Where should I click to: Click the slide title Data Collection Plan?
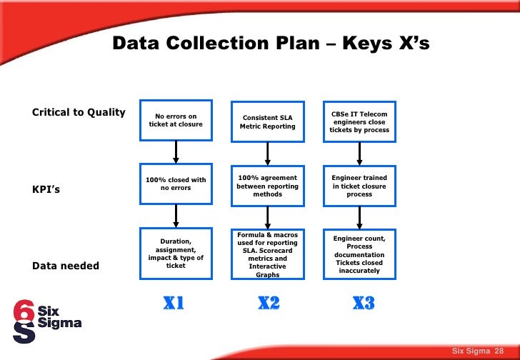(271, 44)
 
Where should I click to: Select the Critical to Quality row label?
(79, 112)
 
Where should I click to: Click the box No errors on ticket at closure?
(176, 120)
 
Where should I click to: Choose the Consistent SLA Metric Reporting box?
(268, 121)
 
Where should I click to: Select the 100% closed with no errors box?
(176, 184)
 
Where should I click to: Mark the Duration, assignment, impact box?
(176, 254)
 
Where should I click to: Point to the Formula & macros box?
(268, 254)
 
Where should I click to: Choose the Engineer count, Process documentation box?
(359, 254)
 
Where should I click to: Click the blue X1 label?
(174, 304)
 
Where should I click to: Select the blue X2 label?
(268, 304)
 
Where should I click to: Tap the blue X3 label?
(363, 304)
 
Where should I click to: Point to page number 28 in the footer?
(499, 350)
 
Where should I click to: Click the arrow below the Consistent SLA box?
(268, 153)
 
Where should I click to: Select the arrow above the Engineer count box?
(359, 216)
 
